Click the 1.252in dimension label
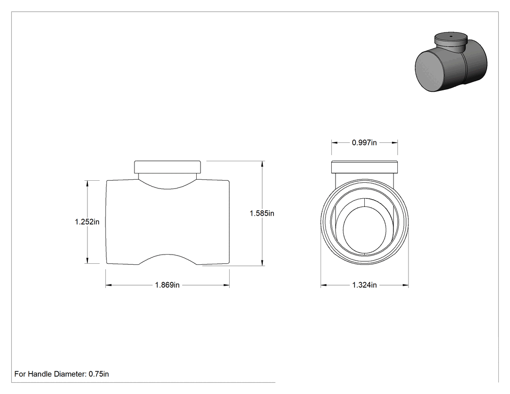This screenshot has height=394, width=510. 87,222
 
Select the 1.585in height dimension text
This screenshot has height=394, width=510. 262,213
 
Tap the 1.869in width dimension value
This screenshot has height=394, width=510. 167,285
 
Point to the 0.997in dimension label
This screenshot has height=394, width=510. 364,142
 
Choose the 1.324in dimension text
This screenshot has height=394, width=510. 364,285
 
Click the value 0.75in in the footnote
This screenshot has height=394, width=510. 99,374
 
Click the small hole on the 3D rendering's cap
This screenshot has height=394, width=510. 451,36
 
